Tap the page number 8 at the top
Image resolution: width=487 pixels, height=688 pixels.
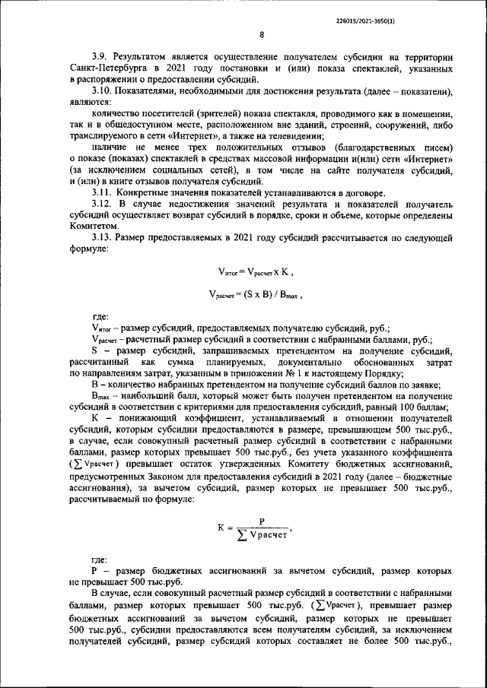(x=261, y=35)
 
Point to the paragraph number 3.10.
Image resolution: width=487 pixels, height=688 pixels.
(x=101, y=91)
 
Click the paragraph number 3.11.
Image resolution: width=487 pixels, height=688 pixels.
(x=101, y=193)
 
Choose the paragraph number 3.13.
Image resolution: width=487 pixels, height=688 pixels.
(x=101, y=238)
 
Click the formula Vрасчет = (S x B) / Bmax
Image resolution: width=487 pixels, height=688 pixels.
(x=256, y=293)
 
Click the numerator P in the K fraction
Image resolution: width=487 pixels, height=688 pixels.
(x=261, y=522)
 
